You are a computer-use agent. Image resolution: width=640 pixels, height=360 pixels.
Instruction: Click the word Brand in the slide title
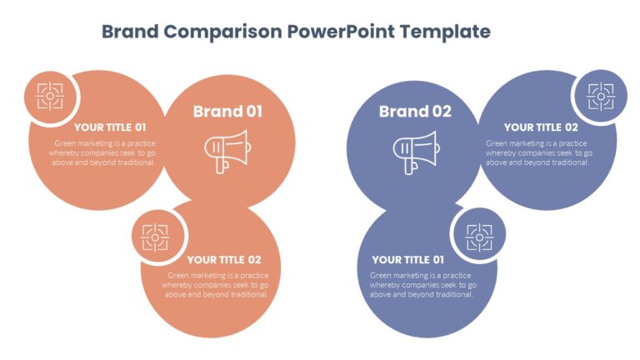130,32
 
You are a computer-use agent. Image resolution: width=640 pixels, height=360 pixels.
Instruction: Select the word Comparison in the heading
222,32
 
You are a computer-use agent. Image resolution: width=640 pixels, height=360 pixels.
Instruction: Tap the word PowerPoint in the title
341,32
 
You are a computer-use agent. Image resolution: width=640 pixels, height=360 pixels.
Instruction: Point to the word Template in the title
445,32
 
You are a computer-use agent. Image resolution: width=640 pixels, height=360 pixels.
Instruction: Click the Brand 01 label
227,112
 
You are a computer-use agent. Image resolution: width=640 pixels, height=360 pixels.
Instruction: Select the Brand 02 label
414,112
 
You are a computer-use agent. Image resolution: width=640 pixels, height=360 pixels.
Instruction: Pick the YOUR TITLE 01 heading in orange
110,127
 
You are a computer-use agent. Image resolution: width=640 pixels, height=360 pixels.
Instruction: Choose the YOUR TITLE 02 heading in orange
223,259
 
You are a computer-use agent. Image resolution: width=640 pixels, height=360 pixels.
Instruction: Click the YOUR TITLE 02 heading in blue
540,127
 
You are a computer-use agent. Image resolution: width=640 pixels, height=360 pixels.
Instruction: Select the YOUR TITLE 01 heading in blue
407,259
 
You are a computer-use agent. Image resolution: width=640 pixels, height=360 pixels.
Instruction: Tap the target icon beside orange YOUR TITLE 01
50,97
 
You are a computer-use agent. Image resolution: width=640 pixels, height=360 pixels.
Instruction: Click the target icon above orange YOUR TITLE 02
155,237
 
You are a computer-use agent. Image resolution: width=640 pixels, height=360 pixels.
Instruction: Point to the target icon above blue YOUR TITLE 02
600,97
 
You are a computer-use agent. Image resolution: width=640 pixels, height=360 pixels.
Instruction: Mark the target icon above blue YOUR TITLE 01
478,237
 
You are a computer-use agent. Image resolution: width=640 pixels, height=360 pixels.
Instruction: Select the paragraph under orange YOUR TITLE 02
217,284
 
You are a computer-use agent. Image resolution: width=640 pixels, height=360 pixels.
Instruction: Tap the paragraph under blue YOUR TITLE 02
538,152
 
